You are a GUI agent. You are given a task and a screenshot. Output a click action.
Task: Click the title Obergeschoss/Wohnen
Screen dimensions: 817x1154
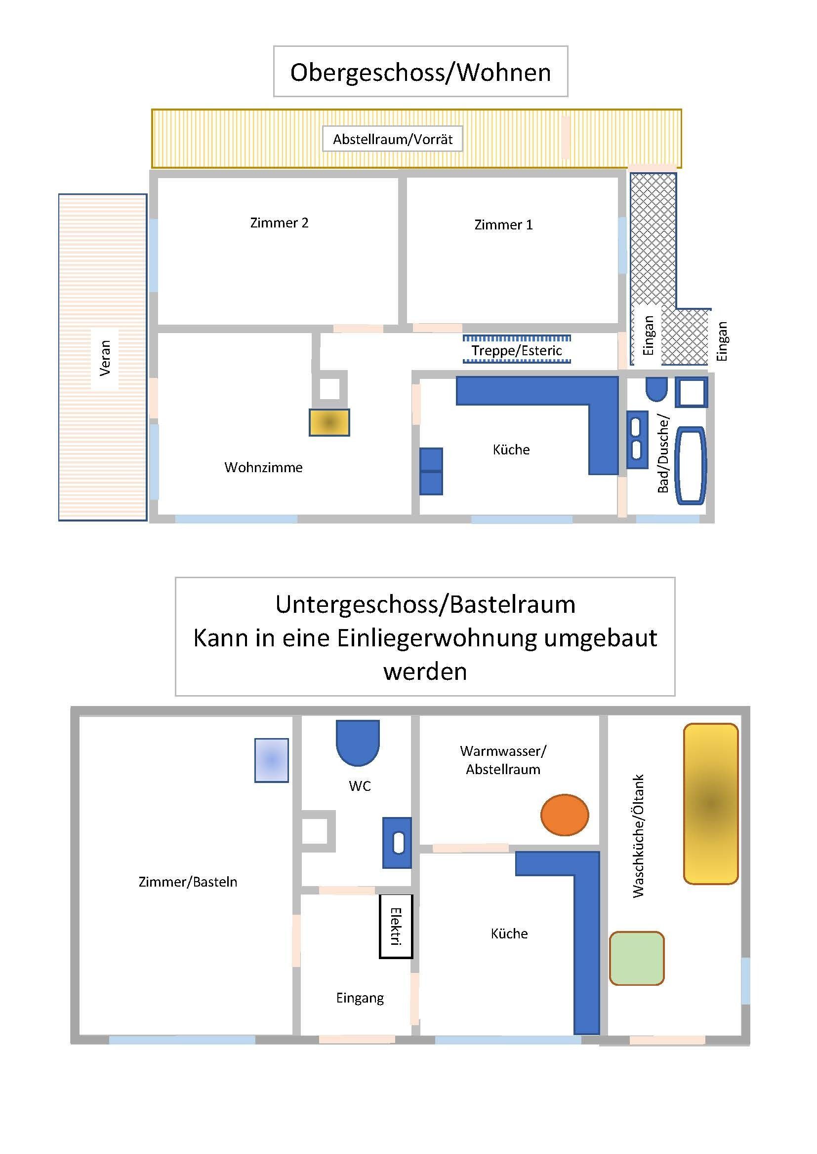[420, 73]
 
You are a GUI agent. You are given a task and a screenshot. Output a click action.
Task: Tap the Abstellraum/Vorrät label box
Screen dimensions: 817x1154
[392, 139]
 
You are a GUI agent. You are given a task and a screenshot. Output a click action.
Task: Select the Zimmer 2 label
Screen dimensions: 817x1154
[279, 223]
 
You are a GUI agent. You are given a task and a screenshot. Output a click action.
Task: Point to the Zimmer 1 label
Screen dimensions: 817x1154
[503, 224]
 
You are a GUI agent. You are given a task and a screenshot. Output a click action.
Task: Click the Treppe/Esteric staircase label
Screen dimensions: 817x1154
[517, 350]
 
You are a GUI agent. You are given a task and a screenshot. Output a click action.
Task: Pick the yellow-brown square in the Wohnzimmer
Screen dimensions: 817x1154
[329, 422]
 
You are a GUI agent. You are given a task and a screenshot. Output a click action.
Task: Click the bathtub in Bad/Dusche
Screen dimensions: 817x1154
[690, 466]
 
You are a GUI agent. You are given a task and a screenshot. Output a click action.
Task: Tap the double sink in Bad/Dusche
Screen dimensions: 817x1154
[637, 440]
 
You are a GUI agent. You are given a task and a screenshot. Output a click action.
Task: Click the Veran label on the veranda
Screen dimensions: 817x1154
[105, 358]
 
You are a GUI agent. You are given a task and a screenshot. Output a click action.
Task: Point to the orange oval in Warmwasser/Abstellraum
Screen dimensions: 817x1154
[565, 815]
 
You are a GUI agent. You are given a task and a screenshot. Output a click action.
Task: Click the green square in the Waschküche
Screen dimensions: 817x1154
[637, 958]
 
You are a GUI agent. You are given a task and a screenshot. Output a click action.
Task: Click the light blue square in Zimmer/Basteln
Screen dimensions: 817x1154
[272, 760]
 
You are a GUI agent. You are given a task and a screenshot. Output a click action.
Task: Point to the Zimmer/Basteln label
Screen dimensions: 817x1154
[188, 882]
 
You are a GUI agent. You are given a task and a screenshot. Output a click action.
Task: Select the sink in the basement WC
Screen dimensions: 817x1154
[397, 843]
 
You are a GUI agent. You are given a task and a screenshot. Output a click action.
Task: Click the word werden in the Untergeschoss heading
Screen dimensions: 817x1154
[425, 671]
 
